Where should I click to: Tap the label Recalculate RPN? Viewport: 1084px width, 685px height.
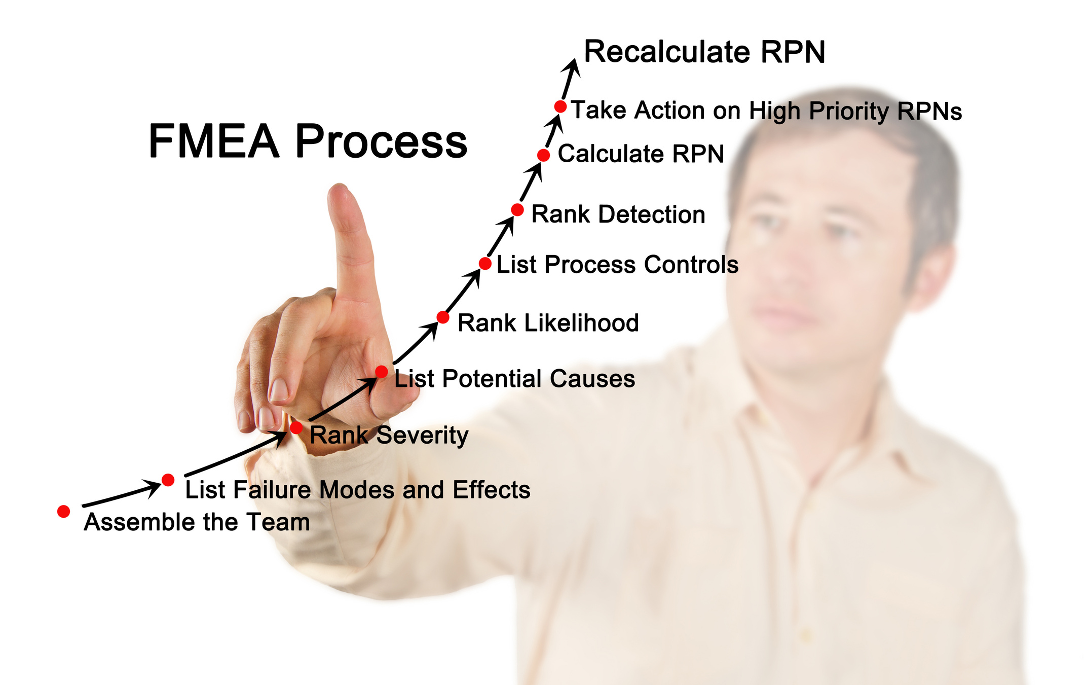[704, 52]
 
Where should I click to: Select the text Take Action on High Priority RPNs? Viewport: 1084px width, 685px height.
[766, 111]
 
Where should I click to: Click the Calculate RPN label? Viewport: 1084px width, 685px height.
[641, 154]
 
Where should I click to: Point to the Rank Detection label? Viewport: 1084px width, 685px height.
[618, 214]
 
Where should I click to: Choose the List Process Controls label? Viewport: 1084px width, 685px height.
[617, 265]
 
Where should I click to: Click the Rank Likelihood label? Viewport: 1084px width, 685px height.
[548, 323]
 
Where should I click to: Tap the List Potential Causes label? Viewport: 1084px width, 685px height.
[514, 379]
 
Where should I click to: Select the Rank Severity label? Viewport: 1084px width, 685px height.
[389, 435]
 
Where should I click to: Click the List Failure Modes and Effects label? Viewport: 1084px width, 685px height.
[357, 490]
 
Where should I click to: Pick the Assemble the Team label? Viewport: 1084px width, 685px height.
[197, 522]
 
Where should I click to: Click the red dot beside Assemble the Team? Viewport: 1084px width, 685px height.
[63, 512]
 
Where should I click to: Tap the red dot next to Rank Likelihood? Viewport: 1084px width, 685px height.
[443, 317]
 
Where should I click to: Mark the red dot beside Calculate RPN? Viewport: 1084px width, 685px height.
[543, 155]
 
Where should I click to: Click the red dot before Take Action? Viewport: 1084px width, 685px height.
[560, 106]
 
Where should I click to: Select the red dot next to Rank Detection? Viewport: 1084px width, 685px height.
[517, 209]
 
